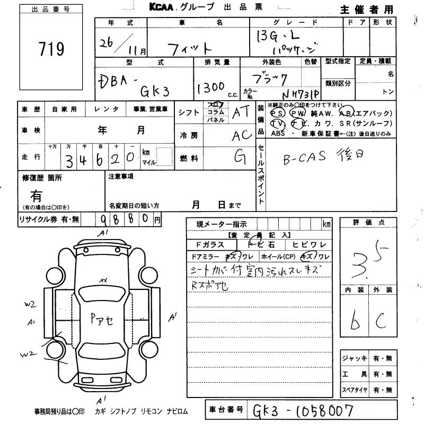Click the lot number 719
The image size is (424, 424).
(x=51, y=49)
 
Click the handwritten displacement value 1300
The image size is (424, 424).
(x=212, y=88)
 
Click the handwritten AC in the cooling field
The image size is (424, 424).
(x=242, y=136)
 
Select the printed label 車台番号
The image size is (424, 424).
(x=226, y=409)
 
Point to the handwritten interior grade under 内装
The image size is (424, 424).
(x=355, y=318)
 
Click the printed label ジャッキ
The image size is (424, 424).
(x=355, y=359)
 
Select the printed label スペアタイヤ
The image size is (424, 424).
(x=355, y=390)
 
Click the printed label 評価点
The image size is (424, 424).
(x=367, y=223)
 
